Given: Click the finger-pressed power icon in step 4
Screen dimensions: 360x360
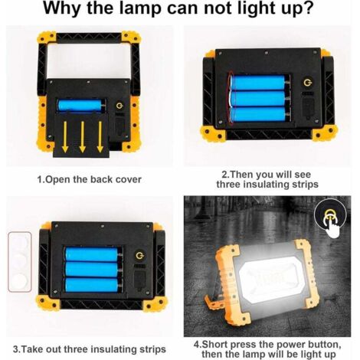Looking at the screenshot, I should (330, 217).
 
